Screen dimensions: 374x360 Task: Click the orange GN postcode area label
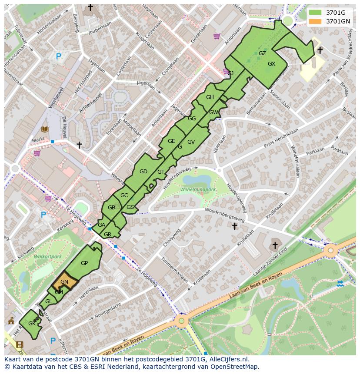pos(64,282)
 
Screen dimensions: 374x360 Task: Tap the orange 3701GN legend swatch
pos(316,21)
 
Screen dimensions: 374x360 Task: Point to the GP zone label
pos(84,263)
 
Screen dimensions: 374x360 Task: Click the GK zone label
pos(32,324)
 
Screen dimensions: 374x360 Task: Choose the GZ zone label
pos(262,53)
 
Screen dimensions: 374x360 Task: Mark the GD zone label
pos(143,172)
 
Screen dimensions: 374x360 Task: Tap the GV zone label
pos(191,142)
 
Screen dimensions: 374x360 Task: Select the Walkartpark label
pos(48,257)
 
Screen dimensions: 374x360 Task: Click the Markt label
pos(38,140)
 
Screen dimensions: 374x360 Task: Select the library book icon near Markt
pos(45,129)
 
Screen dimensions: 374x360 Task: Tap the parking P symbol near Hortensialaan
pos(59,56)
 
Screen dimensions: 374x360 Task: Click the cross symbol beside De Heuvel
pos(79,145)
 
